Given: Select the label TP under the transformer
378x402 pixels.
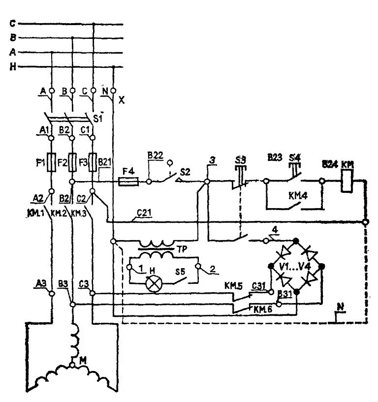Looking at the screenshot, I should pos(182,248).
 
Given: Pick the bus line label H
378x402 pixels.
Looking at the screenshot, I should pos(13,67).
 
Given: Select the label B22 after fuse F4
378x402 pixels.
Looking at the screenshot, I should pos(155,156).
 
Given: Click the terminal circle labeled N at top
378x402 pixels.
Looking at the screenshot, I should pos(113,91).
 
